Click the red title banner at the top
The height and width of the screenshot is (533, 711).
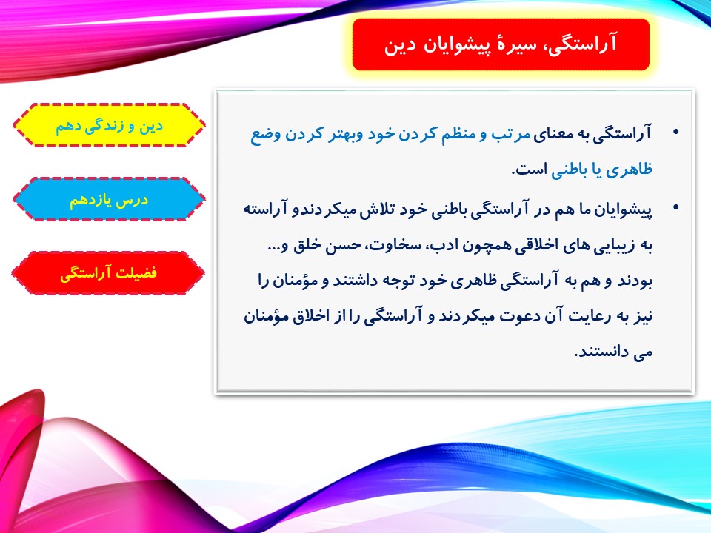tap(501, 44)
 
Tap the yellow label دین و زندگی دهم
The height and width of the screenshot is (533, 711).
tap(109, 125)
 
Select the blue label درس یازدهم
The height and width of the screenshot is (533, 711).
tap(109, 199)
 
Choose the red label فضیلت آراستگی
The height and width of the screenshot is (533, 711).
tap(109, 273)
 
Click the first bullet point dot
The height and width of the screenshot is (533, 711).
tap(676, 133)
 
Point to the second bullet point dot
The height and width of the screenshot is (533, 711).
tap(676, 207)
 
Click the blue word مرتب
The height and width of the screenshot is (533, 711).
tap(510, 134)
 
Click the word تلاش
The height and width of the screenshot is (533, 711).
tap(378, 209)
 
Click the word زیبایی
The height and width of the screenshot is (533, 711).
tap(607, 246)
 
